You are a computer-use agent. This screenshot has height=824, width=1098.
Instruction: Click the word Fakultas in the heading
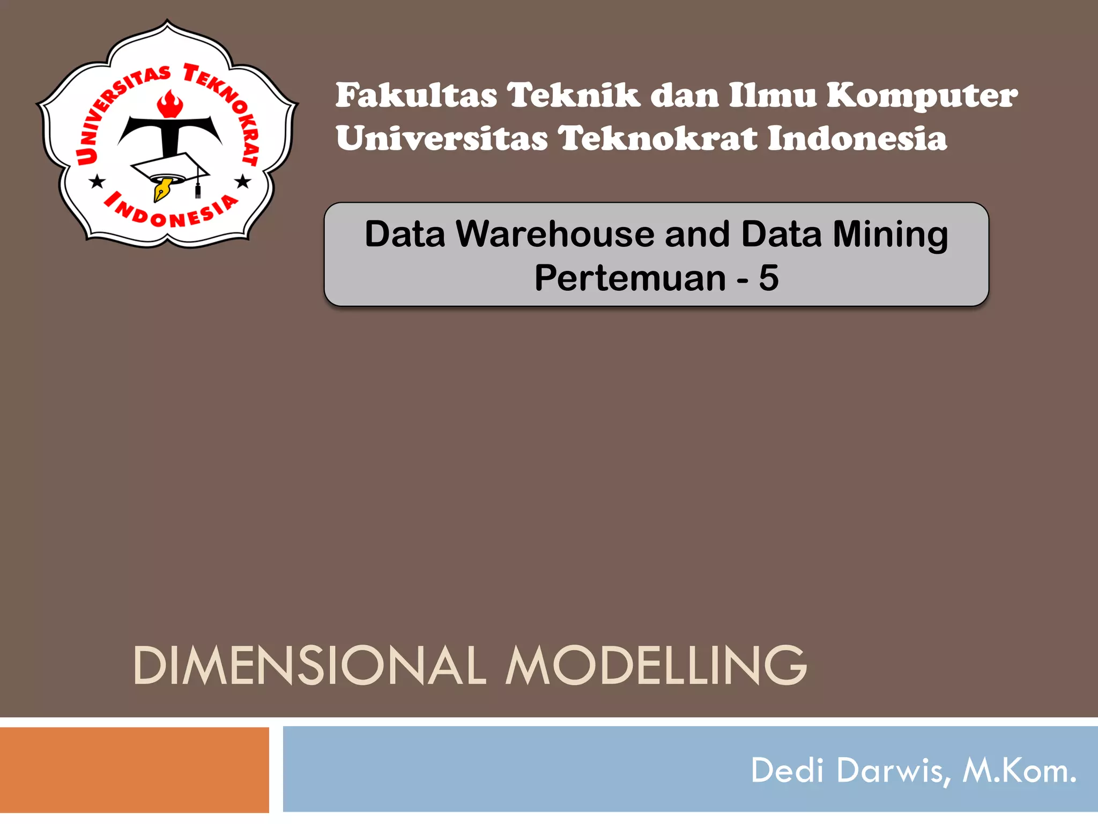(416, 95)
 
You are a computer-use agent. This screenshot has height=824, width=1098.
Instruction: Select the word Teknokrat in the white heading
(657, 138)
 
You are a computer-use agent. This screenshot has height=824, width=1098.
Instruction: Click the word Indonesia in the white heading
(857, 138)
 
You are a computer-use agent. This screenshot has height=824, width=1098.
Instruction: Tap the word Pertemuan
(630, 278)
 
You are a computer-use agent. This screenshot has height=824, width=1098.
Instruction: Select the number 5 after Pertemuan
(768, 278)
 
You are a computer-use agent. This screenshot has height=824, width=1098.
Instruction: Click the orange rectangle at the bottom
(134, 769)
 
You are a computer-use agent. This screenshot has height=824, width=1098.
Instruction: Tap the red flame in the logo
(170, 104)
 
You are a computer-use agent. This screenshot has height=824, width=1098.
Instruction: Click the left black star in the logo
(97, 182)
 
